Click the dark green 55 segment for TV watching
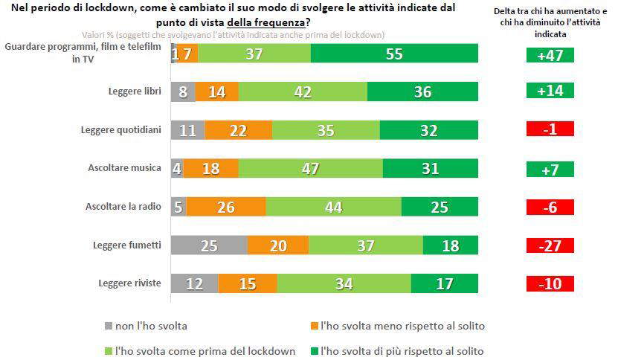pyautogui.click(x=394, y=53)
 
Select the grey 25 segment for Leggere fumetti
pyautogui.click(x=209, y=245)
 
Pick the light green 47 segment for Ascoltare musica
pyautogui.click(x=310, y=168)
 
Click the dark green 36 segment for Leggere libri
pyautogui.click(x=422, y=91)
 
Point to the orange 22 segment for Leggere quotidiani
pyautogui.click(x=239, y=129)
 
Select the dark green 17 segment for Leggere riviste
pyautogui.click(x=444, y=283)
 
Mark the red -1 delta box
pyautogui.click(x=550, y=129)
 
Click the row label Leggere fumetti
pyautogui.click(x=127, y=245)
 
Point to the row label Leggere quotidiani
pyautogui.click(x=120, y=129)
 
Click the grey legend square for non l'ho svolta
pyautogui.click(x=109, y=326)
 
